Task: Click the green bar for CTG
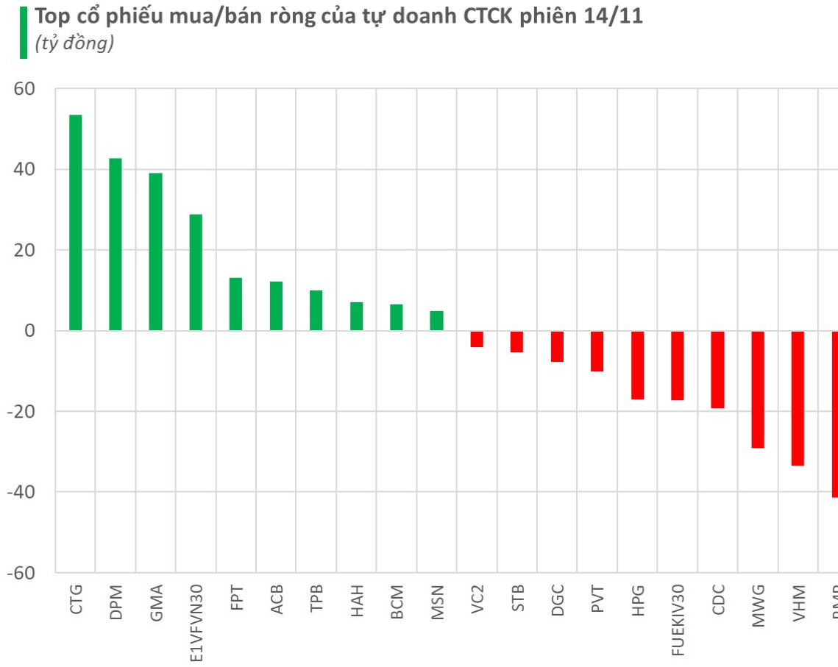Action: point(75,223)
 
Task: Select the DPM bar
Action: point(116,244)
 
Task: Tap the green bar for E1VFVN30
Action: point(196,272)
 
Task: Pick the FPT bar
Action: point(235,304)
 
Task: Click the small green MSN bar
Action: point(436,321)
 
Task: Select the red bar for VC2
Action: point(477,339)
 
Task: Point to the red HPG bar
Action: point(637,365)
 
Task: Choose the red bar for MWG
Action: point(758,389)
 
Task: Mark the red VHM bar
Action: point(798,398)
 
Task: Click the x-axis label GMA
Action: point(156,602)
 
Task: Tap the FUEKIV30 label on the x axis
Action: point(678,618)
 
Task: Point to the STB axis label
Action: point(517,600)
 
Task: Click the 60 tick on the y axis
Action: point(25,89)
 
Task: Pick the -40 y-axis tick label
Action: point(21,492)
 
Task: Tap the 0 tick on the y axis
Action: point(30,331)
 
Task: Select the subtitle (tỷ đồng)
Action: point(74,45)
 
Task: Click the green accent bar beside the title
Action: point(24,32)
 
